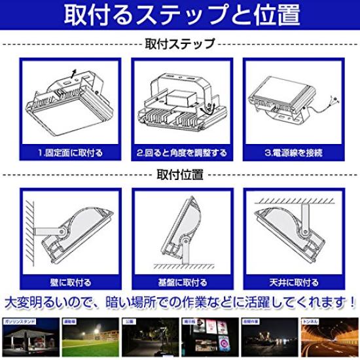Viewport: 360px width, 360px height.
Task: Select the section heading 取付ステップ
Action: click(x=179, y=45)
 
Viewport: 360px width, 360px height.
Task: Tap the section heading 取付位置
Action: click(x=179, y=175)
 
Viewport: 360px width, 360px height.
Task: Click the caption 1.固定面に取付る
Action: click(x=70, y=153)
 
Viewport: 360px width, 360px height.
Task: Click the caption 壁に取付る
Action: click(x=70, y=283)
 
